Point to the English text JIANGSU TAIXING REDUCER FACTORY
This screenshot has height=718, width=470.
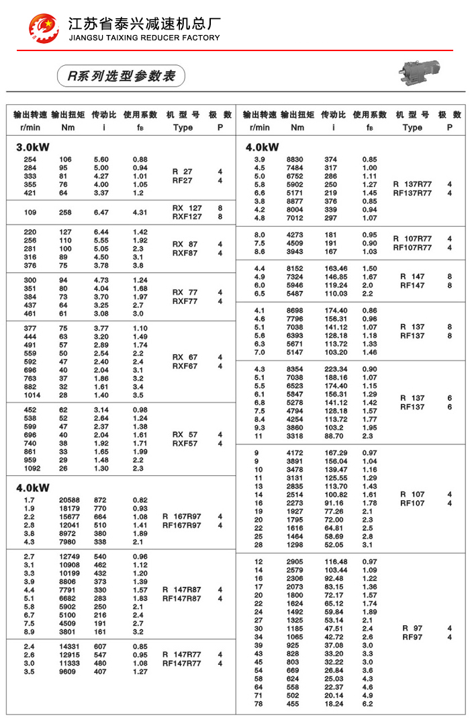pos(144,38)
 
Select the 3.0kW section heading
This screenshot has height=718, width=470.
pos(33,147)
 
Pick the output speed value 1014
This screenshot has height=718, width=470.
pos(31,395)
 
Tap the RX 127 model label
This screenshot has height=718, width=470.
pos(187,208)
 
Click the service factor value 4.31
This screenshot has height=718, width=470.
pos(140,212)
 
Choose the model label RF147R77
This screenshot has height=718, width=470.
pos(181,664)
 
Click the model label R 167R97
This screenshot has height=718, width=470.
pos(181,516)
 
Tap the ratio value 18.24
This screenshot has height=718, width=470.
pos(334,704)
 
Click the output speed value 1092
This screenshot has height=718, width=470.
pos(31,468)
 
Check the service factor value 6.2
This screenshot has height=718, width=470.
pos(367,704)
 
